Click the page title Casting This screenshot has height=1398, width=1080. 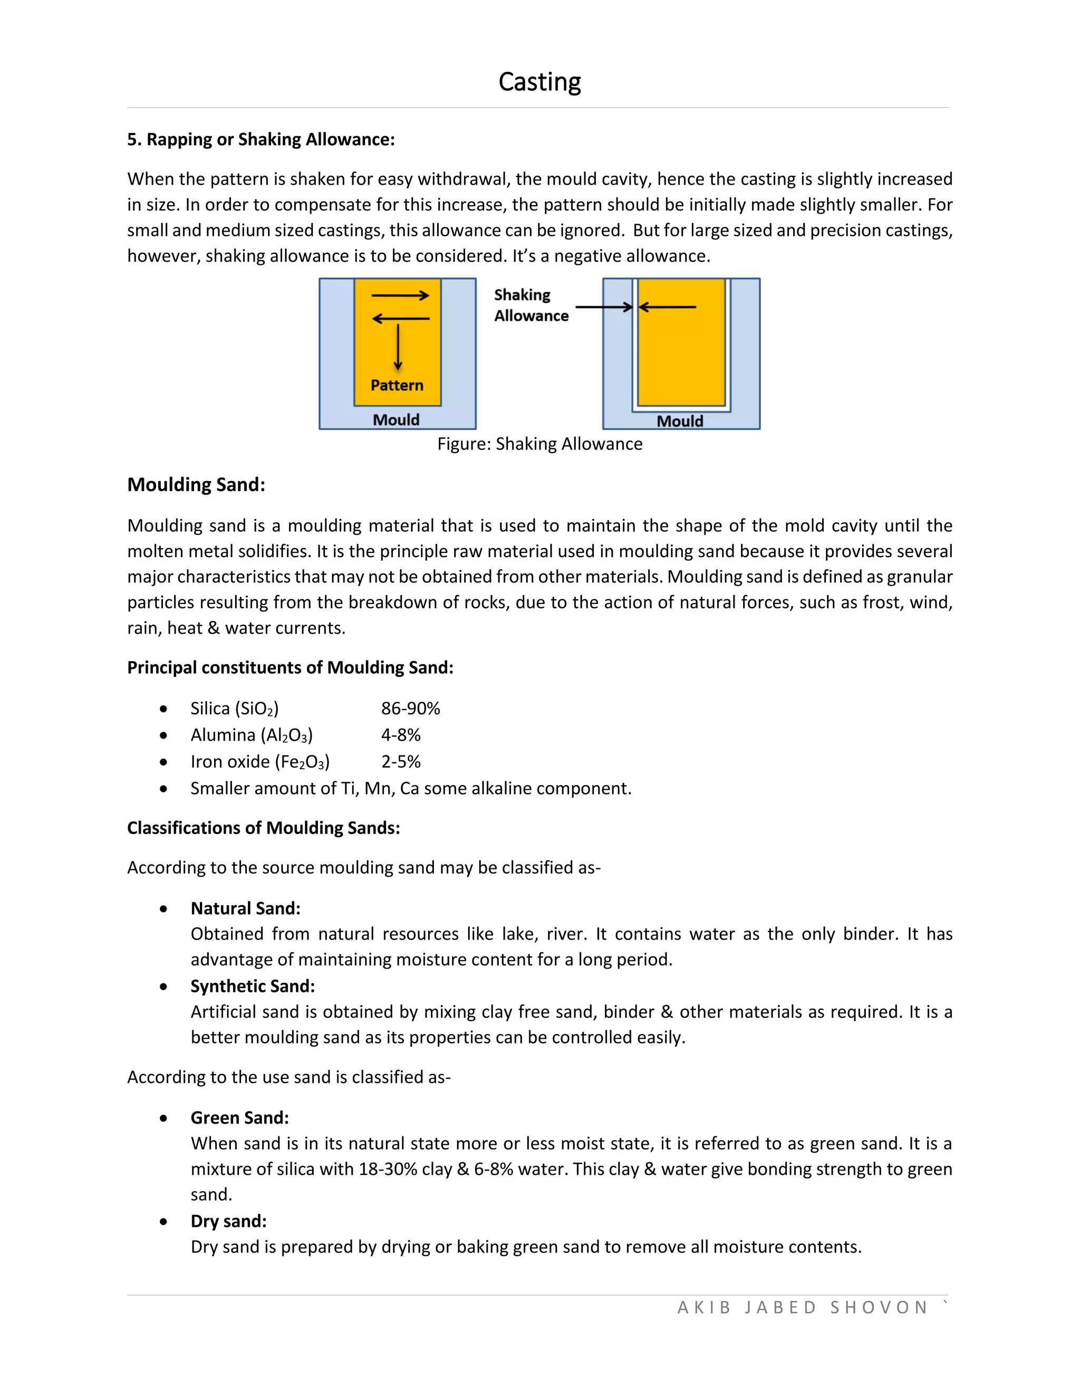click(x=539, y=82)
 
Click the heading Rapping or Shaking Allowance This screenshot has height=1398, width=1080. click(x=261, y=140)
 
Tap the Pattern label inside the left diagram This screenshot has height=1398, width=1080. click(x=397, y=385)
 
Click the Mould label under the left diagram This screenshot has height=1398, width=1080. click(x=396, y=420)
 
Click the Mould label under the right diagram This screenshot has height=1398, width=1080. click(x=679, y=421)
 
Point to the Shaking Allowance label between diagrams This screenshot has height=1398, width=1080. click(x=531, y=305)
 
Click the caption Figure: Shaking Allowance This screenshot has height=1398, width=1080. click(x=539, y=444)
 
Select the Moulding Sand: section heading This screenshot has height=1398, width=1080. click(x=196, y=485)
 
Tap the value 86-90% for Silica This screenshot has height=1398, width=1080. click(x=410, y=708)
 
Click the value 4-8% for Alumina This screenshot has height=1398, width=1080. click(x=401, y=735)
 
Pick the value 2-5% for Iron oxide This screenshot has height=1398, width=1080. click(x=401, y=762)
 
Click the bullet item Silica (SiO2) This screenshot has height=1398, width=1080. click(x=234, y=708)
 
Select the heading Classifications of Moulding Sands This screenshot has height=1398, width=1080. click(x=263, y=828)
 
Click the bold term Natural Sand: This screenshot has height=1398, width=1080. click(x=245, y=908)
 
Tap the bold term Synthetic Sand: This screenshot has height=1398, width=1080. click(x=252, y=987)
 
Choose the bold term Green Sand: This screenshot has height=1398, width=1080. click(x=239, y=1118)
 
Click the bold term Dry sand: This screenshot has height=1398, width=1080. click(x=228, y=1221)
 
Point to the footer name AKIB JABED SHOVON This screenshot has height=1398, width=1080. click(x=802, y=1307)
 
